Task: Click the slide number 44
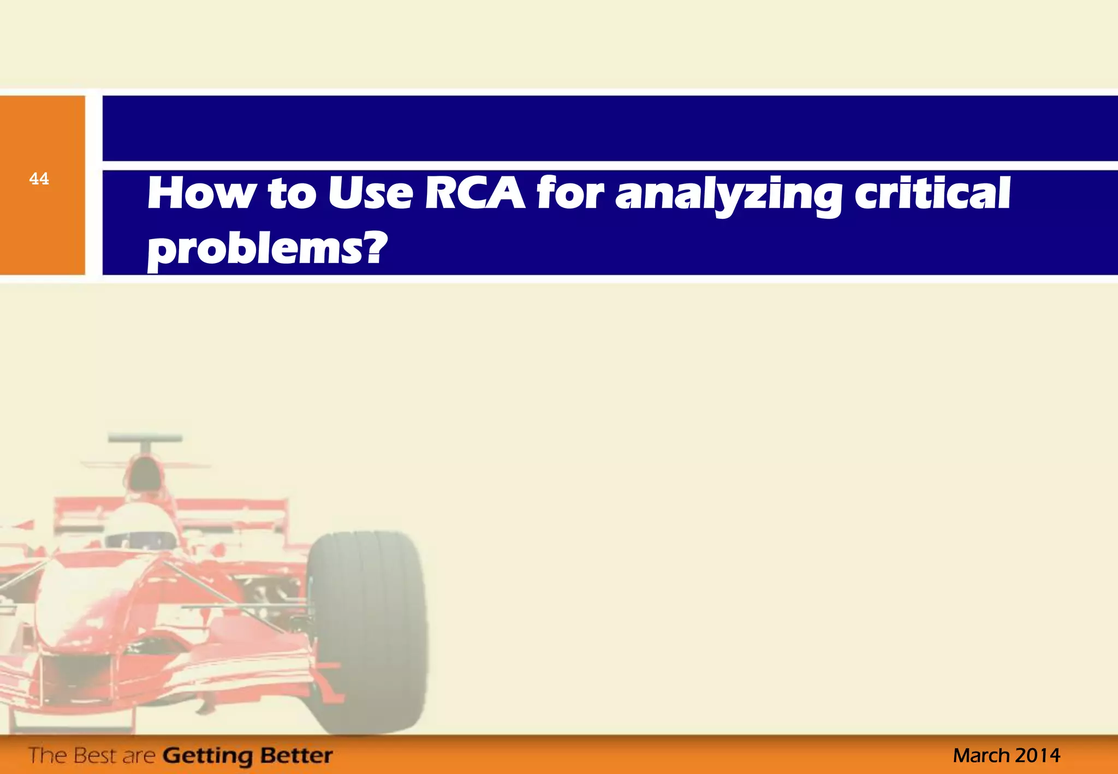(39, 179)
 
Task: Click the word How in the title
(201, 194)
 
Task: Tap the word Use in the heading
(370, 194)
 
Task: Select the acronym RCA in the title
(475, 194)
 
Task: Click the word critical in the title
(932, 194)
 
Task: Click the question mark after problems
(373, 247)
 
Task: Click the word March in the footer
(981, 755)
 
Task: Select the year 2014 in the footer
(1038, 755)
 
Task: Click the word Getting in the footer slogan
(208, 756)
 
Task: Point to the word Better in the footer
(296, 755)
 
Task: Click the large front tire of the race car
(367, 633)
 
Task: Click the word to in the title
(292, 194)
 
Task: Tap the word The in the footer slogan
(48, 755)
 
